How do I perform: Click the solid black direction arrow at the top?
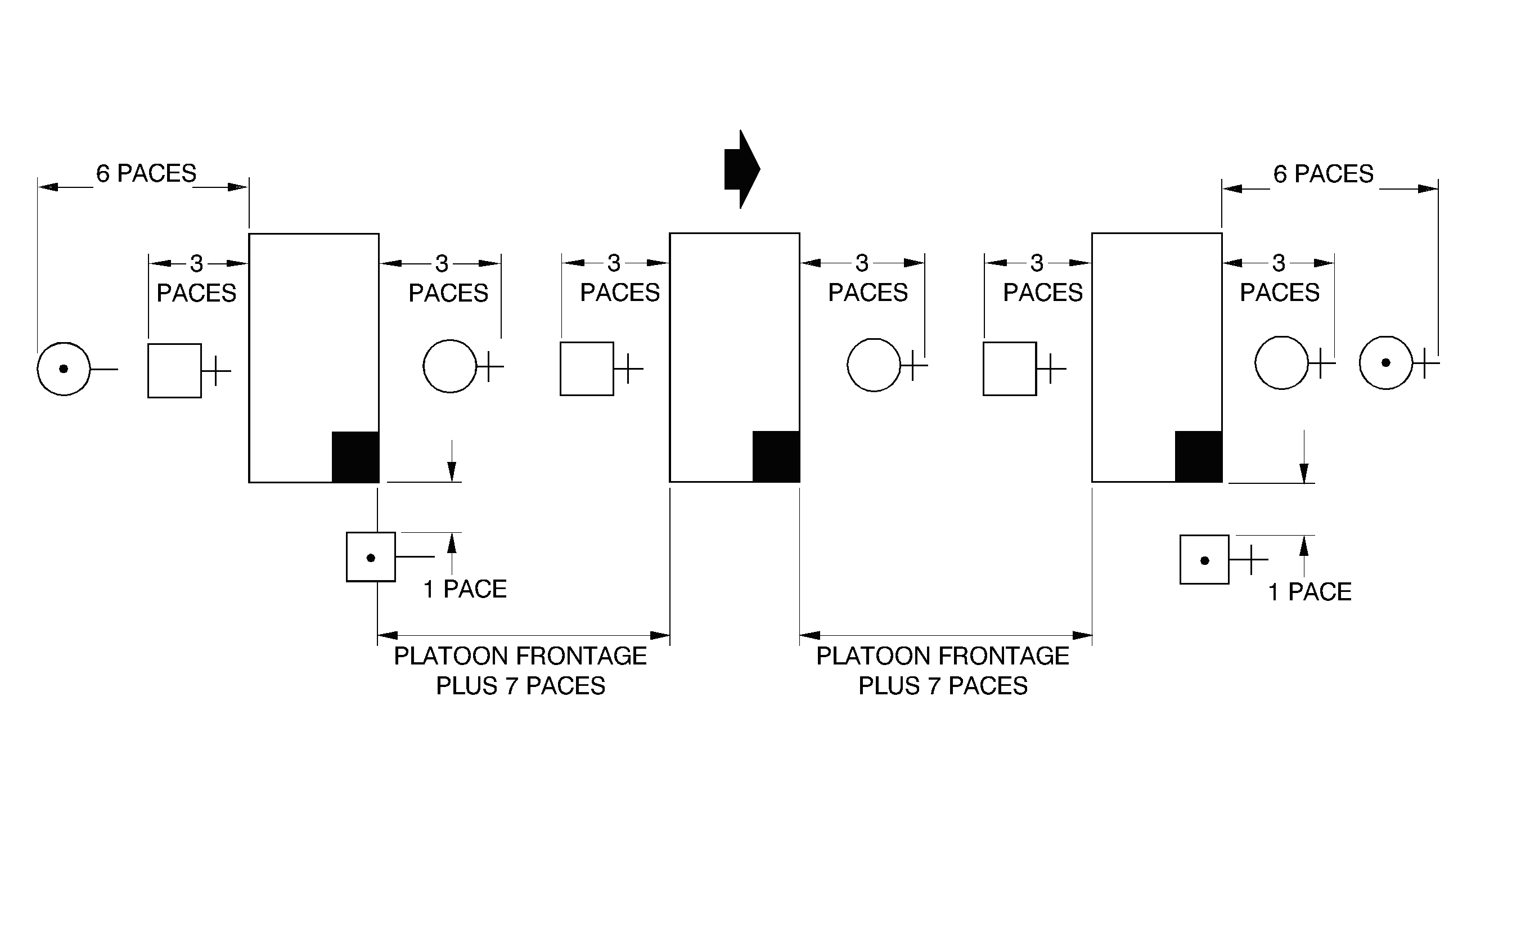coord(741,169)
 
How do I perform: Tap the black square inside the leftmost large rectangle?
coord(355,456)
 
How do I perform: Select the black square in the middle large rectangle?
coord(776,456)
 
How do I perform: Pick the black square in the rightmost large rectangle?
coord(1199,456)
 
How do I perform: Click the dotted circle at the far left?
coord(64,369)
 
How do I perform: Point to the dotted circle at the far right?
coord(1386,363)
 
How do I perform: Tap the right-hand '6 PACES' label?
coord(1323,174)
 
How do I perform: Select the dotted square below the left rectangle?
coord(371,557)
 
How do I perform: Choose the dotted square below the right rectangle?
coord(1204,559)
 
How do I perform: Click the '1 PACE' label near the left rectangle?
coord(465,589)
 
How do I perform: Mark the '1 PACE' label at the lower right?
coord(1309,592)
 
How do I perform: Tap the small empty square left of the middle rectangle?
coord(587,369)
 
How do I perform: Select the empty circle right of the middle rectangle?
coord(874,365)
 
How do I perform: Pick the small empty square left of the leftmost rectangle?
coord(174,371)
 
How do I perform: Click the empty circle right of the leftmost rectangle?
coord(449,366)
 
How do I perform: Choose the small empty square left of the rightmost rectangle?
coord(1010,369)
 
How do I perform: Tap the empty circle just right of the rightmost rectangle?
coord(1281,363)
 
